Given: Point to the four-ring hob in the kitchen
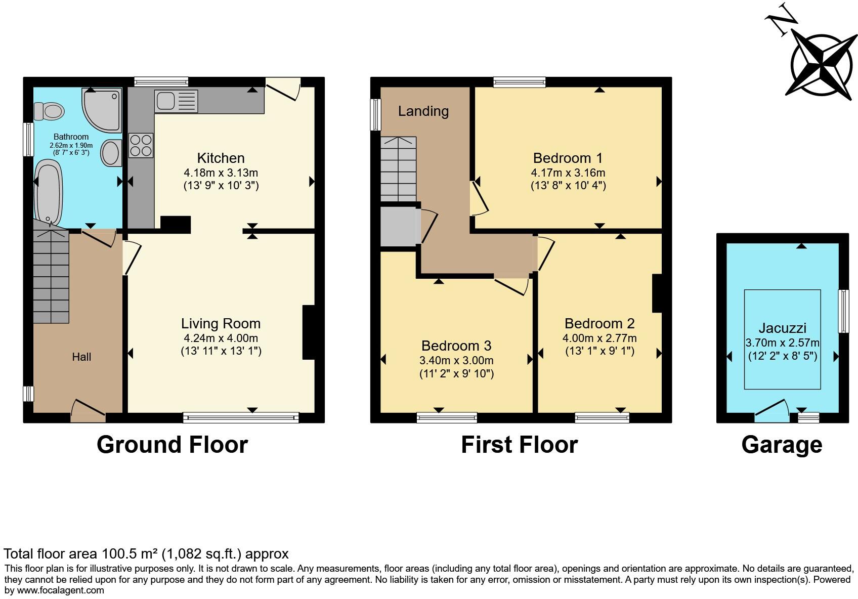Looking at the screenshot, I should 141,145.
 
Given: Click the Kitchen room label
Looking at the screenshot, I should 221,158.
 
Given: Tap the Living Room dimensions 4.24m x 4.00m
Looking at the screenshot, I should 221,338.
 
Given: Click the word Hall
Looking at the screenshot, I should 81,357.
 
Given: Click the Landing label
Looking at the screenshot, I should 423,111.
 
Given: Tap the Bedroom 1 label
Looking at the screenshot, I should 568,158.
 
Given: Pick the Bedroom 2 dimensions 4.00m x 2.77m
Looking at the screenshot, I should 599,338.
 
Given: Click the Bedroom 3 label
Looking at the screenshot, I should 456,346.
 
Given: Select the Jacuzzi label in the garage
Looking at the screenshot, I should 782,328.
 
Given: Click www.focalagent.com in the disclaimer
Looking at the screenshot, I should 61,590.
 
